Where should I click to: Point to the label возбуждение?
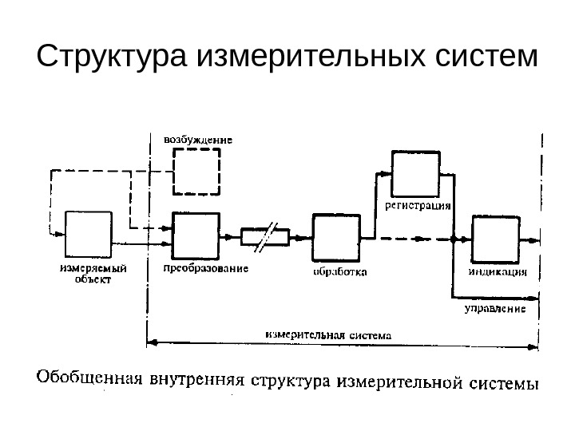pyautogui.click(x=198, y=139)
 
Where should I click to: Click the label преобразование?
pyautogui.click(x=205, y=269)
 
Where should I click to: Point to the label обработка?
pyautogui.click(x=339, y=272)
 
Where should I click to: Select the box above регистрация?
pyautogui.click(x=415, y=172)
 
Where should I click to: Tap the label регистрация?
pyautogui.click(x=418, y=204)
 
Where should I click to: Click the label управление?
pyautogui.click(x=494, y=306)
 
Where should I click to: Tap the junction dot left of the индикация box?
pyautogui.click(x=453, y=239)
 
